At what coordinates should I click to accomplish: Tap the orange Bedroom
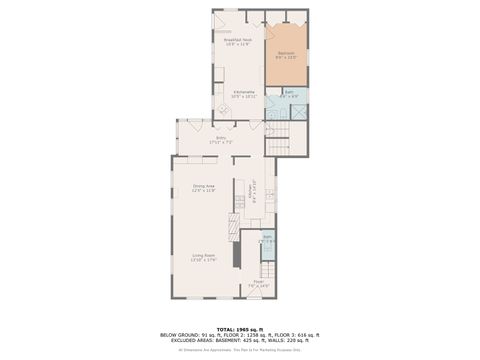tap(286, 55)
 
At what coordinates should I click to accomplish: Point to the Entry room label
tap(220, 140)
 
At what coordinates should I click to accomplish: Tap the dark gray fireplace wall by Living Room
tap(237, 253)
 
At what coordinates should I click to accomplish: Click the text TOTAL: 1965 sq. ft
tap(240, 329)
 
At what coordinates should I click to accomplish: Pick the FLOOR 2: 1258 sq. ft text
tap(237, 335)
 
